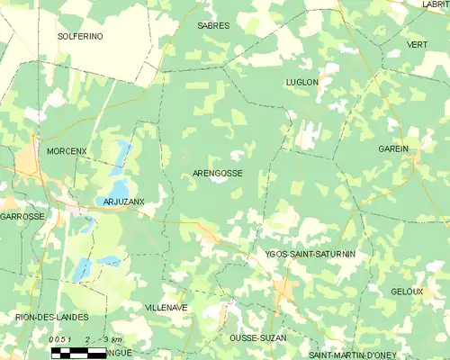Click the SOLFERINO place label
click(x=80, y=36)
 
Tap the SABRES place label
click(x=213, y=26)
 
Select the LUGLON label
click(x=301, y=82)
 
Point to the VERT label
click(x=417, y=45)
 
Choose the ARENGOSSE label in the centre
click(x=218, y=173)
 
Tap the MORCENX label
click(x=67, y=150)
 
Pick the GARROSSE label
click(x=22, y=217)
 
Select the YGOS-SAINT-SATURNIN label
click(x=310, y=255)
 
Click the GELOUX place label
click(x=407, y=292)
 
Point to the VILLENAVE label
click(x=166, y=307)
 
